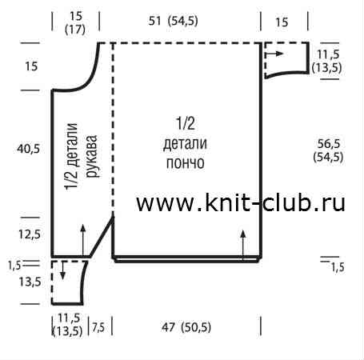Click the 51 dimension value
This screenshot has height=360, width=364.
click(154, 21)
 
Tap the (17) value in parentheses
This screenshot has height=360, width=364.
click(75, 29)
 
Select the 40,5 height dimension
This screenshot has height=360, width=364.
click(28, 149)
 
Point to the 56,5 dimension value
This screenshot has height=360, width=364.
click(329, 144)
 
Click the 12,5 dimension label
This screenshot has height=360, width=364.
click(30, 234)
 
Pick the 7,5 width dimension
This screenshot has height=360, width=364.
click(98, 327)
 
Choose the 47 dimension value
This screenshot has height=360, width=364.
click(168, 327)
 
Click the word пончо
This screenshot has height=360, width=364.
click(186, 162)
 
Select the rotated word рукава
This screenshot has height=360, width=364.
click(92, 156)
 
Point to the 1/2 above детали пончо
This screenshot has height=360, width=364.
click(186, 123)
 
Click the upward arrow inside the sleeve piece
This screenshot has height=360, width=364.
click(83, 240)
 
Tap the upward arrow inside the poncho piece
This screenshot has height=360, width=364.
click(243, 245)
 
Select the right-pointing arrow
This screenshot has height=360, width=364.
click(274, 54)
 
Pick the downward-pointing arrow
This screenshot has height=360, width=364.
click(62, 270)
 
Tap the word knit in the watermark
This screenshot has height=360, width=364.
click(228, 203)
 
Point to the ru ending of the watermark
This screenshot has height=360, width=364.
click(334, 206)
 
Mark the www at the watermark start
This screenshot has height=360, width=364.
click(165, 206)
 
